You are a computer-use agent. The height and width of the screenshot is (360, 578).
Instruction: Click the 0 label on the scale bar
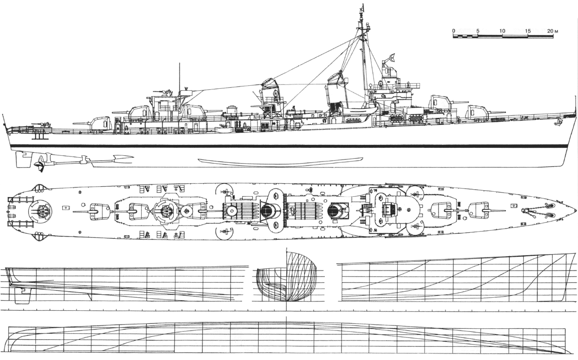[x=453, y=31]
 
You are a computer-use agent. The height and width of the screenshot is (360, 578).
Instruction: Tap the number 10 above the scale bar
[x=502, y=31]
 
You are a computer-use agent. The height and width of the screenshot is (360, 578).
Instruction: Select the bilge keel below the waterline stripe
[x=280, y=161]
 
